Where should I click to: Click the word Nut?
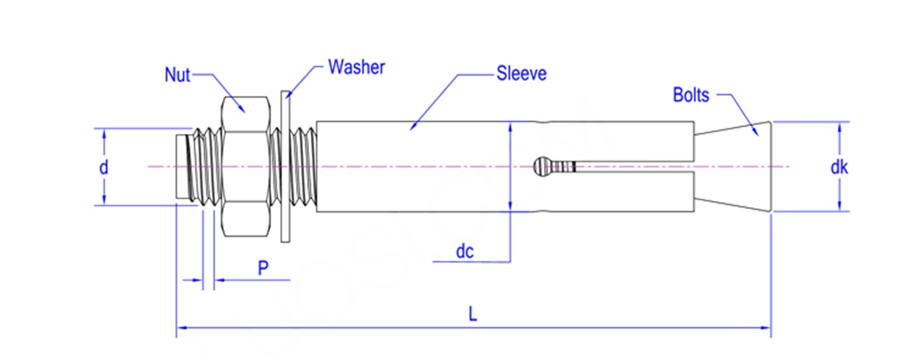(x=177, y=75)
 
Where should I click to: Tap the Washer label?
(x=356, y=66)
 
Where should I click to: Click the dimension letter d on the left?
(x=104, y=168)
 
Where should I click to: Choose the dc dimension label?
(x=467, y=253)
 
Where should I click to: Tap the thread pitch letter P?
(x=263, y=268)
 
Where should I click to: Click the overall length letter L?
(x=473, y=315)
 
